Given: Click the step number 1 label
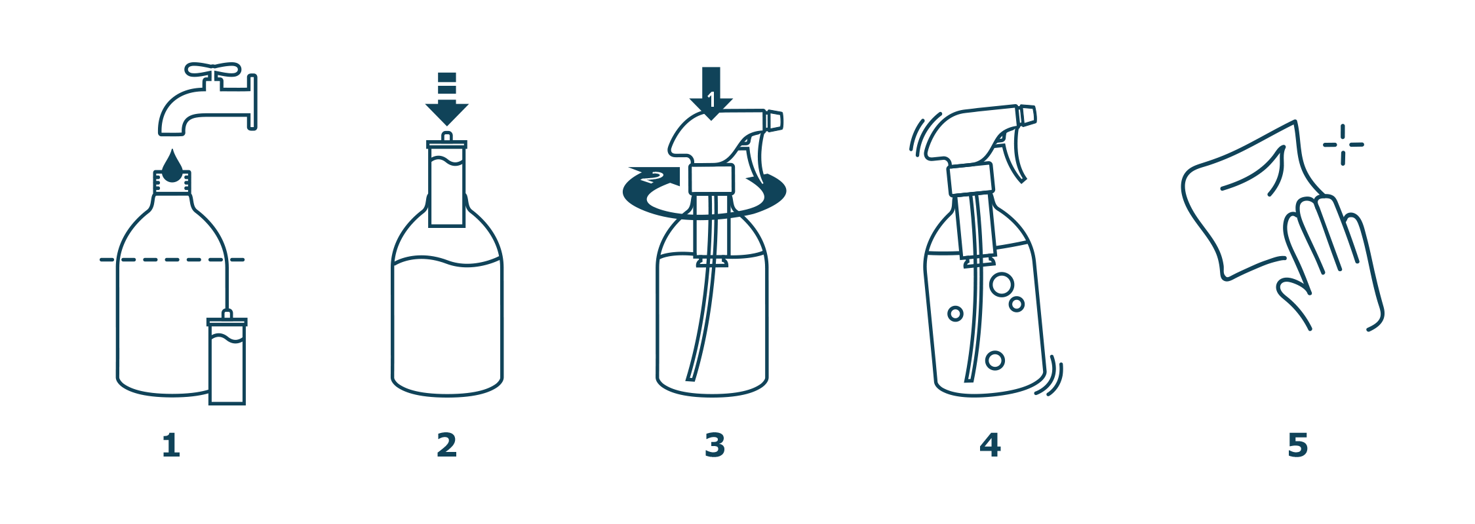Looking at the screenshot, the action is point(170,445).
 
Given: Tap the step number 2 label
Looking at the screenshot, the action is point(446,445).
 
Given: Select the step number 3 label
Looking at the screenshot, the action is point(715,445).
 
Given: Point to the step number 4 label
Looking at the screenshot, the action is point(990,445).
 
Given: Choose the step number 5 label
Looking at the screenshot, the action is point(1297,445).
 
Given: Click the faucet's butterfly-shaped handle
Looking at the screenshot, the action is point(212,69).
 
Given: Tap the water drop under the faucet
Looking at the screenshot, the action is point(172,166).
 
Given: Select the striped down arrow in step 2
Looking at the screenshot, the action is point(447,99).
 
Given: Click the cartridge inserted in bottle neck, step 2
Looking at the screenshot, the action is point(447,180).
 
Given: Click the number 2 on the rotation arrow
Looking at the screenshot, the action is point(653,177).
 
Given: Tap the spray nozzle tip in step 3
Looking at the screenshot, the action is point(774,121).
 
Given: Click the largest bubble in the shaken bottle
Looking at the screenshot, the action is point(1002,285).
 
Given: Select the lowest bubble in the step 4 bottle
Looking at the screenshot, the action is point(994,360).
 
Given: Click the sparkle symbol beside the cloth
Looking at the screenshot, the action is point(1343,145).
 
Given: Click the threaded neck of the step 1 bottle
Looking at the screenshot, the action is point(172,183).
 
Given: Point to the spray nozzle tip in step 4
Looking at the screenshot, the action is point(1027,115).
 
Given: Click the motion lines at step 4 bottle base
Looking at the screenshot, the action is point(1050,376).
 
